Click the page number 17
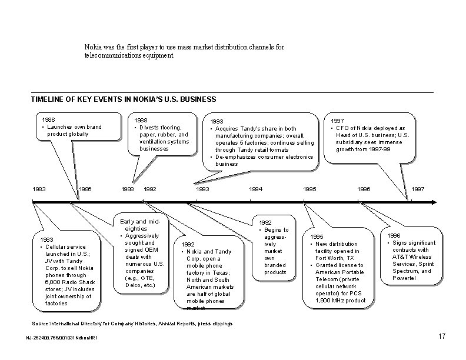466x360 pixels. [x=443, y=336]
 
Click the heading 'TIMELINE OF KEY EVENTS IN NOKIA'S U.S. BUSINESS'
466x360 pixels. [x=124, y=99]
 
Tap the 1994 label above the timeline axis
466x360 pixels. [x=256, y=189]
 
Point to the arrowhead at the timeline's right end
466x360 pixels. [x=434, y=202]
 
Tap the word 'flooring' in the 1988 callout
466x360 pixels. [x=169, y=127]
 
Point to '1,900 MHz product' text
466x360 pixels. [x=341, y=300]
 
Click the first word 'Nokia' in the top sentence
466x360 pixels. [x=92, y=46]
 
